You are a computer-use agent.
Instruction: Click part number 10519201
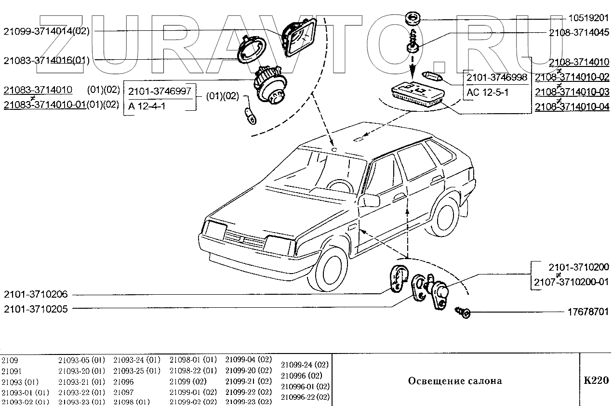(x=588, y=19)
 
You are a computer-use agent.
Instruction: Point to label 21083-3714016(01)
(x=46, y=61)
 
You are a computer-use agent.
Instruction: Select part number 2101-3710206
(x=36, y=294)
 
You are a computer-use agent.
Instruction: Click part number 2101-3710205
(x=36, y=309)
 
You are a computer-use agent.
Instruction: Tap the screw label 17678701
(x=588, y=312)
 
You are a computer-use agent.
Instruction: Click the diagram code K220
(x=596, y=380)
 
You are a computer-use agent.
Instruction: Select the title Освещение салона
(x=455, y=381)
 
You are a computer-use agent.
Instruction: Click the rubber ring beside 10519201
(x=413, y=19)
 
